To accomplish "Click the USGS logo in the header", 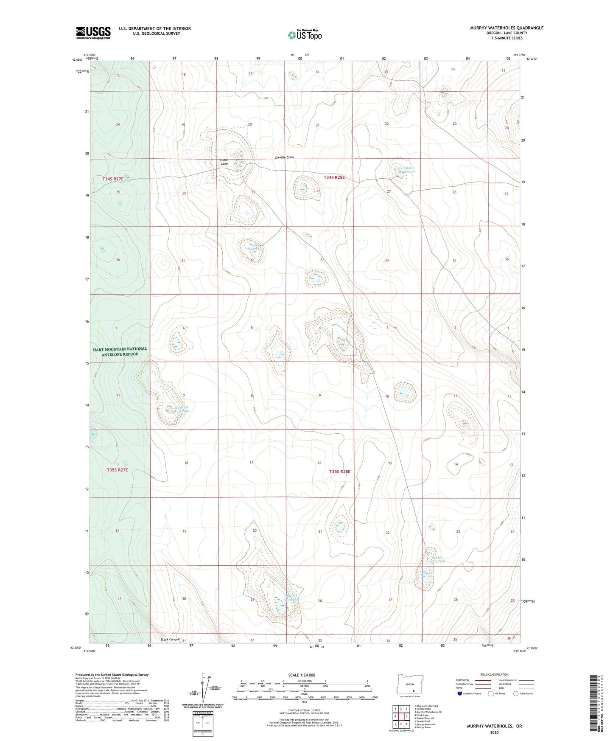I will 93,32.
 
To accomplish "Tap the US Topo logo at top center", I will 305,34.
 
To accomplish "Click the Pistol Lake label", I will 224,162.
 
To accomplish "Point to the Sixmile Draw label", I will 284,157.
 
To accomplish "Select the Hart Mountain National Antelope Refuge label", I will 120,351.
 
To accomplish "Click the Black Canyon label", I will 170,639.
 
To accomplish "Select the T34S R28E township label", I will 334,177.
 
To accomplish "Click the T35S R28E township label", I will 340,471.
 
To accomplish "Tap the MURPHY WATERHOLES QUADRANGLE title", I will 507,28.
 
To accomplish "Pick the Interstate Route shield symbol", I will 460,693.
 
